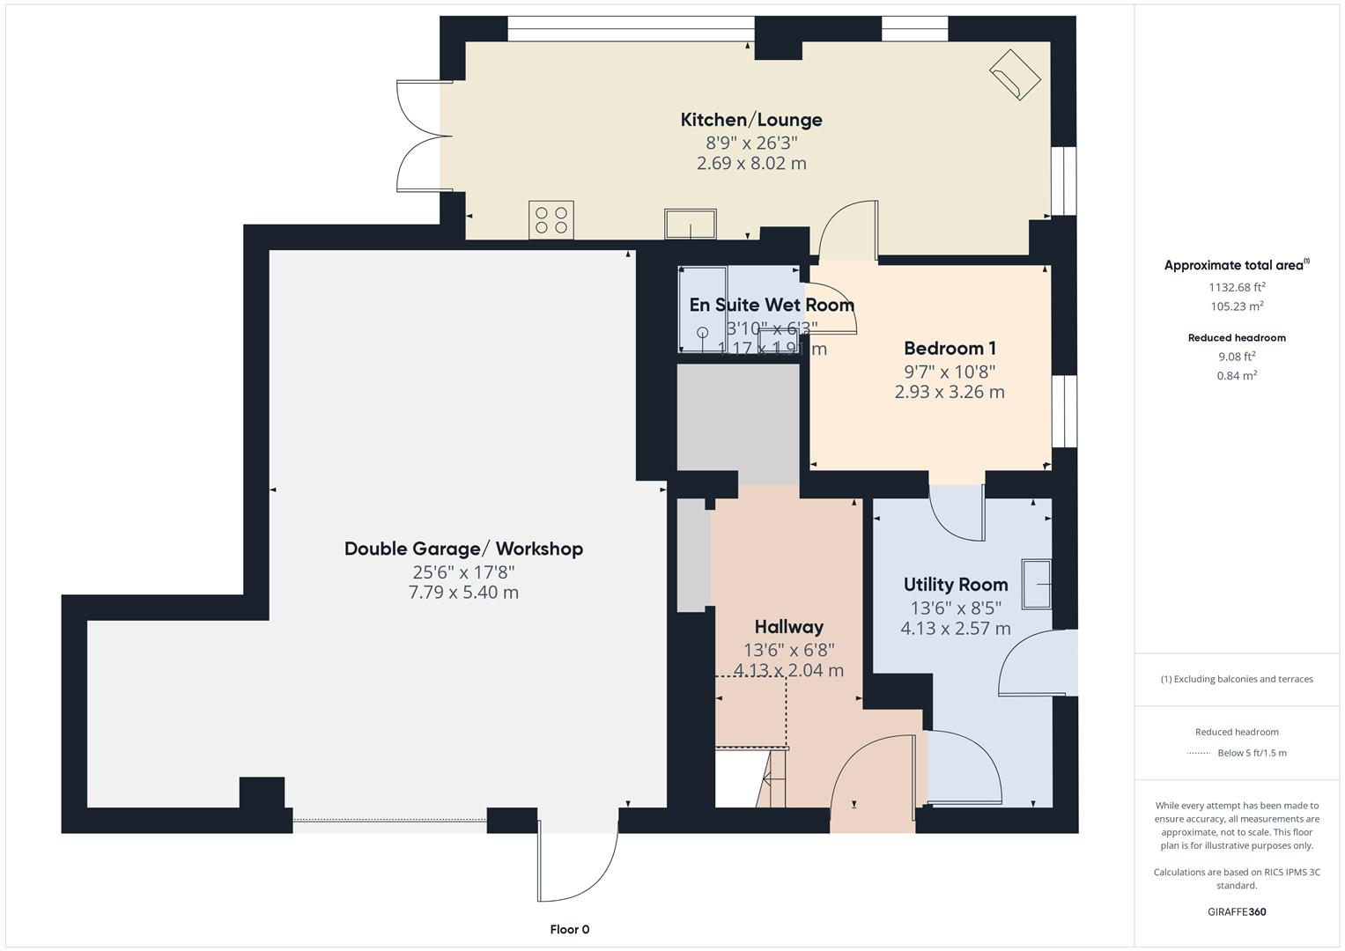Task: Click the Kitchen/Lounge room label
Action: [x=750, y=120]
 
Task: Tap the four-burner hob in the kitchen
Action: [x=551, y=220]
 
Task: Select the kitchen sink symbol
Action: [x=690, y=224]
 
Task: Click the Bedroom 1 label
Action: [x=950, y=348]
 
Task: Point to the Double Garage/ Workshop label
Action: [x=463, y=549]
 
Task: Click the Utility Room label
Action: [x=956, y=585]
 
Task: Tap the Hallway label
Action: [x=788, y=627]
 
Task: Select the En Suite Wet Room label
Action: [x=772, y=305]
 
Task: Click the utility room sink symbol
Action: [x=1037, y=584]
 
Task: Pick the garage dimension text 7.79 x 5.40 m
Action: [x=463, y=593]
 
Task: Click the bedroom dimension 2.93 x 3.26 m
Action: [x=950, y=392]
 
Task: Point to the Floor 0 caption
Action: [x=569, y=929]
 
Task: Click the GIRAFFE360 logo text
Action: [x=1237, y=911]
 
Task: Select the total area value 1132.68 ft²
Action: [x=1237, y=287]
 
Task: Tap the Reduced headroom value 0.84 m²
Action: [x=1237, y=376]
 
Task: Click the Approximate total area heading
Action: [x=1236, y=265]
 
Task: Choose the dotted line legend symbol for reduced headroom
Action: [x=1199, y=753]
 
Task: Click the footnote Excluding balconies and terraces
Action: [x=1237, y=679]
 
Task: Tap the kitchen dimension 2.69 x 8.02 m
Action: [x=750, y=163]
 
